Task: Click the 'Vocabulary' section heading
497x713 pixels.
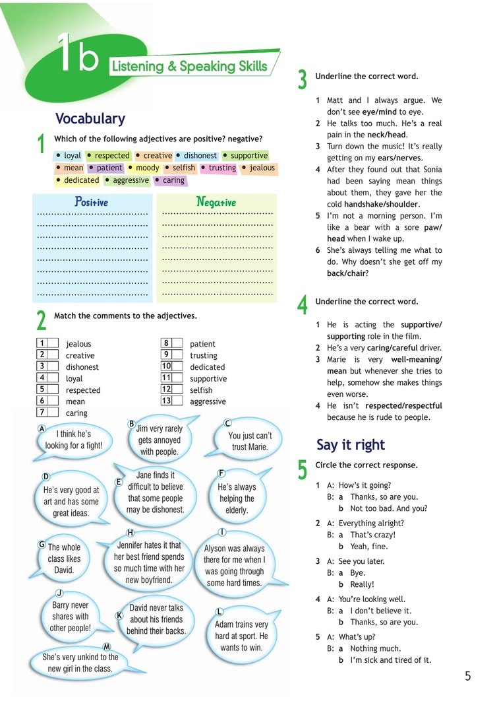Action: [90, 119]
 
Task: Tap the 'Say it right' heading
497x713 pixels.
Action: [351, 444]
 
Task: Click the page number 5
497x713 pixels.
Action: [468, 675]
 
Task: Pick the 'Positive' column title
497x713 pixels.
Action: [91, 202]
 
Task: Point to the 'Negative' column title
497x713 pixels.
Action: [216, 202]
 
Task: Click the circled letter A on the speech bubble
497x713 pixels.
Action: [42, 428]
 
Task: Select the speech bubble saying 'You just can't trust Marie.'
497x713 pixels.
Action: [249, 441]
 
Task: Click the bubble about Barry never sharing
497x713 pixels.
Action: [70, 617]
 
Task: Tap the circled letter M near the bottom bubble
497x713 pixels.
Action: [106, 646]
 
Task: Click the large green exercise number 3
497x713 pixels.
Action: [303, 80]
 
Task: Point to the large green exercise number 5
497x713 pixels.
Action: [303, 469]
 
